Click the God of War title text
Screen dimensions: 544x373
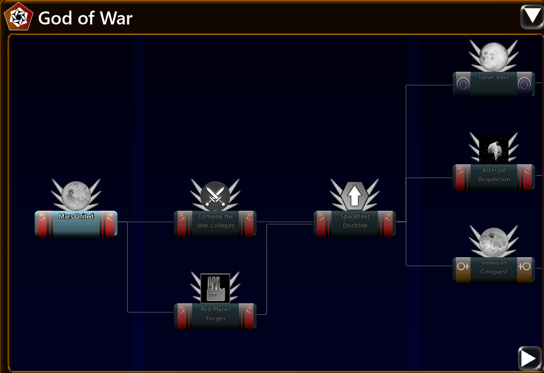click(x=85, y=18)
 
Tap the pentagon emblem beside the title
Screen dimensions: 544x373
click(x=18, y=16)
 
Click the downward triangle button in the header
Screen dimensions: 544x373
click(x=532, y=16)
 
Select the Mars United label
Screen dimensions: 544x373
click(x=76, y=216)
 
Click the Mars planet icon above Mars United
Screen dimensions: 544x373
click(x=76, y=196)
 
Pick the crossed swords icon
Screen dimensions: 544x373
click(x=215, y=196)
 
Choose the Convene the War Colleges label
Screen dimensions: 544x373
click(x=215, y=221)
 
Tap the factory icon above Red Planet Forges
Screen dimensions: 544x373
click(x=215, y=288)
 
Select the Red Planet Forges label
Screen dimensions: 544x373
click(x=215, y=313)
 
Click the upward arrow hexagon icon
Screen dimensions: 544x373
click(x=355, y=196)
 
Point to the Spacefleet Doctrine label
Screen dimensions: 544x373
click(x=355, y=221)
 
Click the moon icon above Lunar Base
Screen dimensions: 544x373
click(x=494, y=57)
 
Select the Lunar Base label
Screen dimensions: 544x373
click(x=494, y=77)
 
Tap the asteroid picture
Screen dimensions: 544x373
click(x=494, y=149)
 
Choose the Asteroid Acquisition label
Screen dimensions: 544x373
click(x=494, y=174)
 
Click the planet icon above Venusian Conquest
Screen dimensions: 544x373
click(x=494, y=242)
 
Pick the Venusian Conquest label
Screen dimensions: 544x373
click(x=494, y=267)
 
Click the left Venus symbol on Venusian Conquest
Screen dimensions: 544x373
click(x=463, y=267)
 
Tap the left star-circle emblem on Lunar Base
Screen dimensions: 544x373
click(x=463, y=84)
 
